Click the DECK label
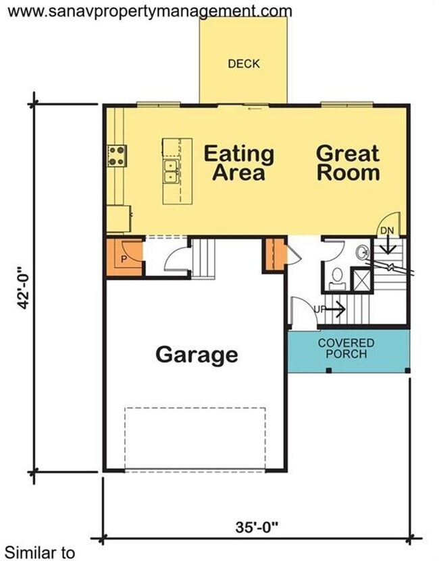click(x=244, y=63)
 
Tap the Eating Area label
click(x=239, y=163)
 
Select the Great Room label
click(x=348, y=163)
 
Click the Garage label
click(x=197, y=355)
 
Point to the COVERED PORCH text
click(x=346, y=349)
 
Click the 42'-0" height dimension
click(x=24, y=287)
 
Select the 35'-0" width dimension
click(x=257, y=527)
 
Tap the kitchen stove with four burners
click(x=117, y=156)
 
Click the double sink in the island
click(x=170, y=171)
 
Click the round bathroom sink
click(x=362, y=252)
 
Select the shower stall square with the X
click(x=361, y=279)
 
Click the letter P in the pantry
click(x=124, y=259)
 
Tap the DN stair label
click(x=387, y=231)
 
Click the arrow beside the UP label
click(x=336, y=309)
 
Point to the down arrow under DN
click(x=388, y=245)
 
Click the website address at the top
click(x=150, y=11)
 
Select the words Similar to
click(x=40, y=552)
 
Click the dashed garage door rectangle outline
click(x=195, y=407)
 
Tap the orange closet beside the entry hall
click(x=275, y=254)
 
